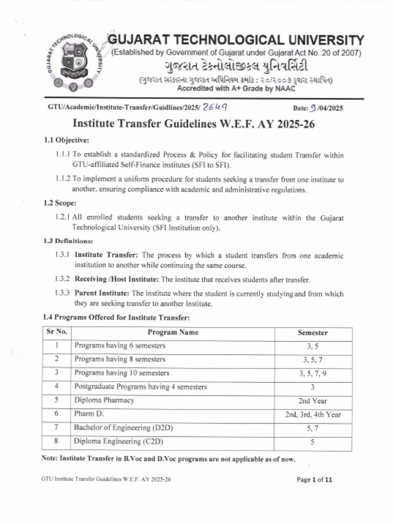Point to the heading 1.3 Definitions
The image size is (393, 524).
(68, 241)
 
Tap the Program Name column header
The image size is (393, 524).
(173, 332)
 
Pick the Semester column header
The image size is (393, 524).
(312, 333)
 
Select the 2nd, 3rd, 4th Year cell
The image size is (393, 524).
(312, 414)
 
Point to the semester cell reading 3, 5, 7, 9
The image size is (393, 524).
(312, 373)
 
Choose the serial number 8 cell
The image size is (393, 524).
(56, 441)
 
